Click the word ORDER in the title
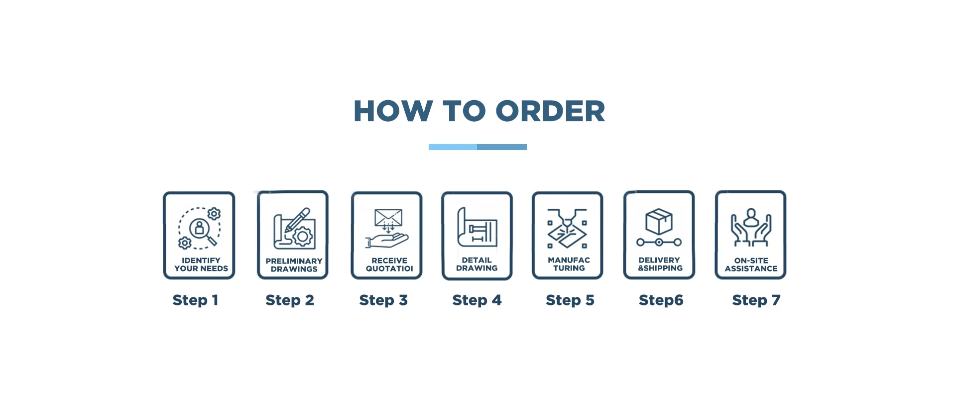[x=550, y=111]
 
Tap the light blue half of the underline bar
[x=453, y=147]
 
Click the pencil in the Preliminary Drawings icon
[x=297, y=220]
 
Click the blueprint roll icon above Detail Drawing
[x=477, y=228]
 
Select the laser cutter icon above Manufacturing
[x=567, y=229]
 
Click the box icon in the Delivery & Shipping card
[x=659, y=221]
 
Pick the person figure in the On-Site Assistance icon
[x=751, y=217]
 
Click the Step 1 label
[x=195, y=300]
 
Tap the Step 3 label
[x=383, y=300]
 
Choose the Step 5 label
[x=570, y=300]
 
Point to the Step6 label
[x=661, y=300]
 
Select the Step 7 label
[x=756, y=300]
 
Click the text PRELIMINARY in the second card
[x=294, y=261]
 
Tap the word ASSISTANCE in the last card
[x=751, y=269]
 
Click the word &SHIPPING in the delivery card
[x=660, y=268]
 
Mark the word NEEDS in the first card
[x=214, y=269]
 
